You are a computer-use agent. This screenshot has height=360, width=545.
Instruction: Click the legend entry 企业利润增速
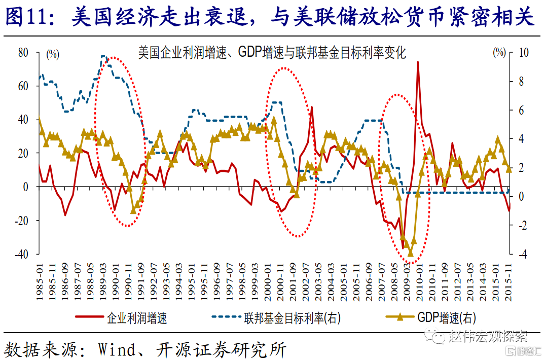point(137,318)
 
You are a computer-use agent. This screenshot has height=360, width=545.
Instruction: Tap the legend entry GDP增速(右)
point(447,318)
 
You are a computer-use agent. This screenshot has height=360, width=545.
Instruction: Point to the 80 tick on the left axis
point(23,52)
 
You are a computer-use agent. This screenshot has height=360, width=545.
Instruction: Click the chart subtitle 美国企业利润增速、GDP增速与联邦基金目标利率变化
point(272,52)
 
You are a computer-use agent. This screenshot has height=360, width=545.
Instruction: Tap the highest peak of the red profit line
point(418,62)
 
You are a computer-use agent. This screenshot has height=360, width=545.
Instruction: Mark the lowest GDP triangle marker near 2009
point(410,253)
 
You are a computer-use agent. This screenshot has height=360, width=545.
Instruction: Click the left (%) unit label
point(53,54)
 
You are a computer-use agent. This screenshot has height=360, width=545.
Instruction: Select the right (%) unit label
point(499,52)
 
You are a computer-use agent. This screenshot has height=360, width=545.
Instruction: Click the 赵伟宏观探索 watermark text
point(487,336)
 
